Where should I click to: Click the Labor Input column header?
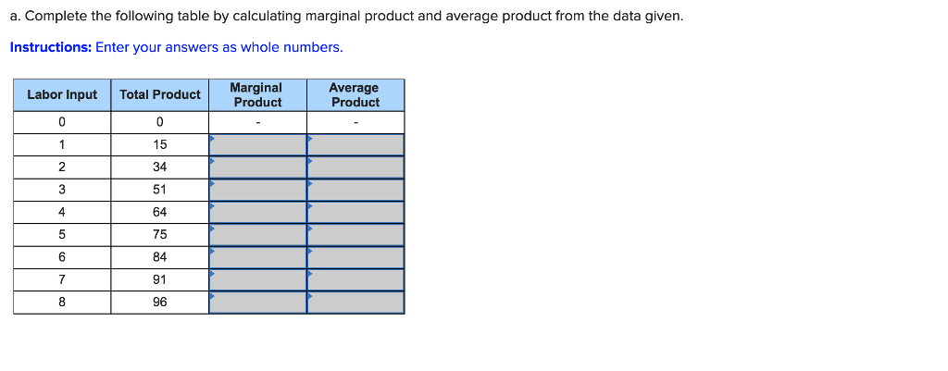(x=62, y=95)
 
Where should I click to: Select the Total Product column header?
(x=160, y=95)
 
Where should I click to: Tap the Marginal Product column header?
(x=257, y=95)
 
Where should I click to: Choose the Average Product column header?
(x=355, y=95)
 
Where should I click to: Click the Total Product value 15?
(x=160, y=144)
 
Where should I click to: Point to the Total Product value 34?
(x=160, y=167)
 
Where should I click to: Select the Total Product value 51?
(x=160, y=190)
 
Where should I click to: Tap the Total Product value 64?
(x=160, y=212)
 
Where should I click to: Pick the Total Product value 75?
(x=160, y=234)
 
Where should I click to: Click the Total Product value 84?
(x=160, y=257)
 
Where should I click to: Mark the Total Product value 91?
(x=160, y=279)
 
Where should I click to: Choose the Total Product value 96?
(x=160, y=302)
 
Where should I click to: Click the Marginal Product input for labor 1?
(x=257, y=144)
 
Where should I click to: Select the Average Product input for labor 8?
(x=355, y=302)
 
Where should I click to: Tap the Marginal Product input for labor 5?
(x=257, y=234)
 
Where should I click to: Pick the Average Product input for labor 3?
(x=355, y=190)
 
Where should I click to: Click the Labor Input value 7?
(x=62, y=279)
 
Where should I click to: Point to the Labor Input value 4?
(x=62, y=212)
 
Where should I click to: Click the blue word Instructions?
(x=50, y=47)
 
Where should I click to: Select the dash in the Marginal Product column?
(x=257, y=123)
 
